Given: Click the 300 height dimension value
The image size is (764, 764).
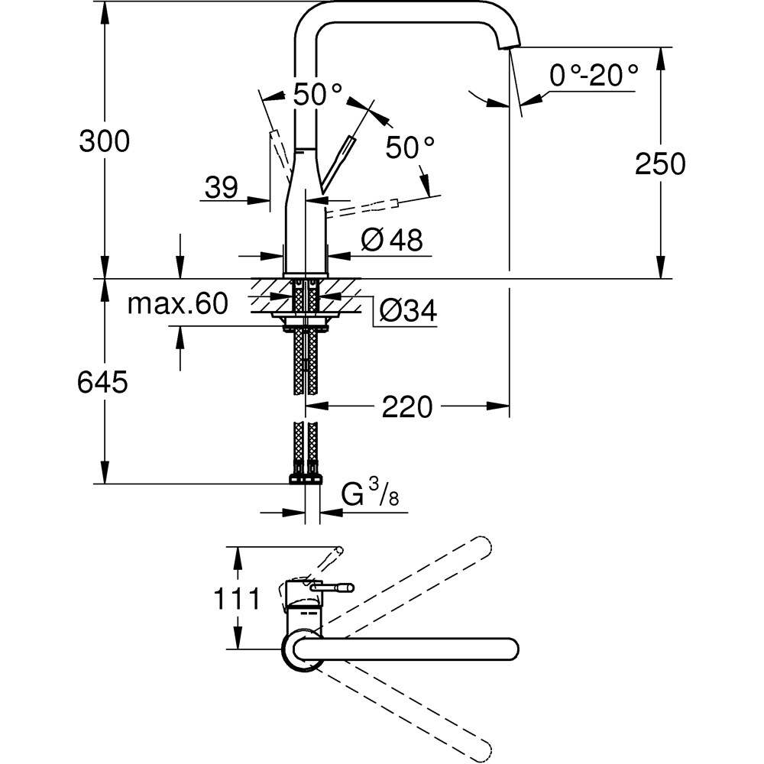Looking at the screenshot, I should click(105, 141).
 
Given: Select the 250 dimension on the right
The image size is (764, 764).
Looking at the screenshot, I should click(660, 163).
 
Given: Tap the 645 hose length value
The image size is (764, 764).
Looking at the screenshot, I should click(102, 382).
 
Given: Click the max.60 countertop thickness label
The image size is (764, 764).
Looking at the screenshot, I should click(177, 304).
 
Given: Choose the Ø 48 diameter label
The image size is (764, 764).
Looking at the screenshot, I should click(392, 241).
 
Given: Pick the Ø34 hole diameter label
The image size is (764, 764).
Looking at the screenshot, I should click(407, 310).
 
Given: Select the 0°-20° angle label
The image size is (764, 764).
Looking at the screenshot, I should click(592, 75).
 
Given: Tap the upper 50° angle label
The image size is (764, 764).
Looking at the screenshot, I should click(319, 94).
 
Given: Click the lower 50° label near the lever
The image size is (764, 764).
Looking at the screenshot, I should click(410, 147).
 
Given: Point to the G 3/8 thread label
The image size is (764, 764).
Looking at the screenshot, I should click(371, 495).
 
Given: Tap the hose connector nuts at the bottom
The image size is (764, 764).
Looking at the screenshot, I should click(306, 478).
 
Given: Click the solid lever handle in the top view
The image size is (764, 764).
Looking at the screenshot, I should click(332, 588).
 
